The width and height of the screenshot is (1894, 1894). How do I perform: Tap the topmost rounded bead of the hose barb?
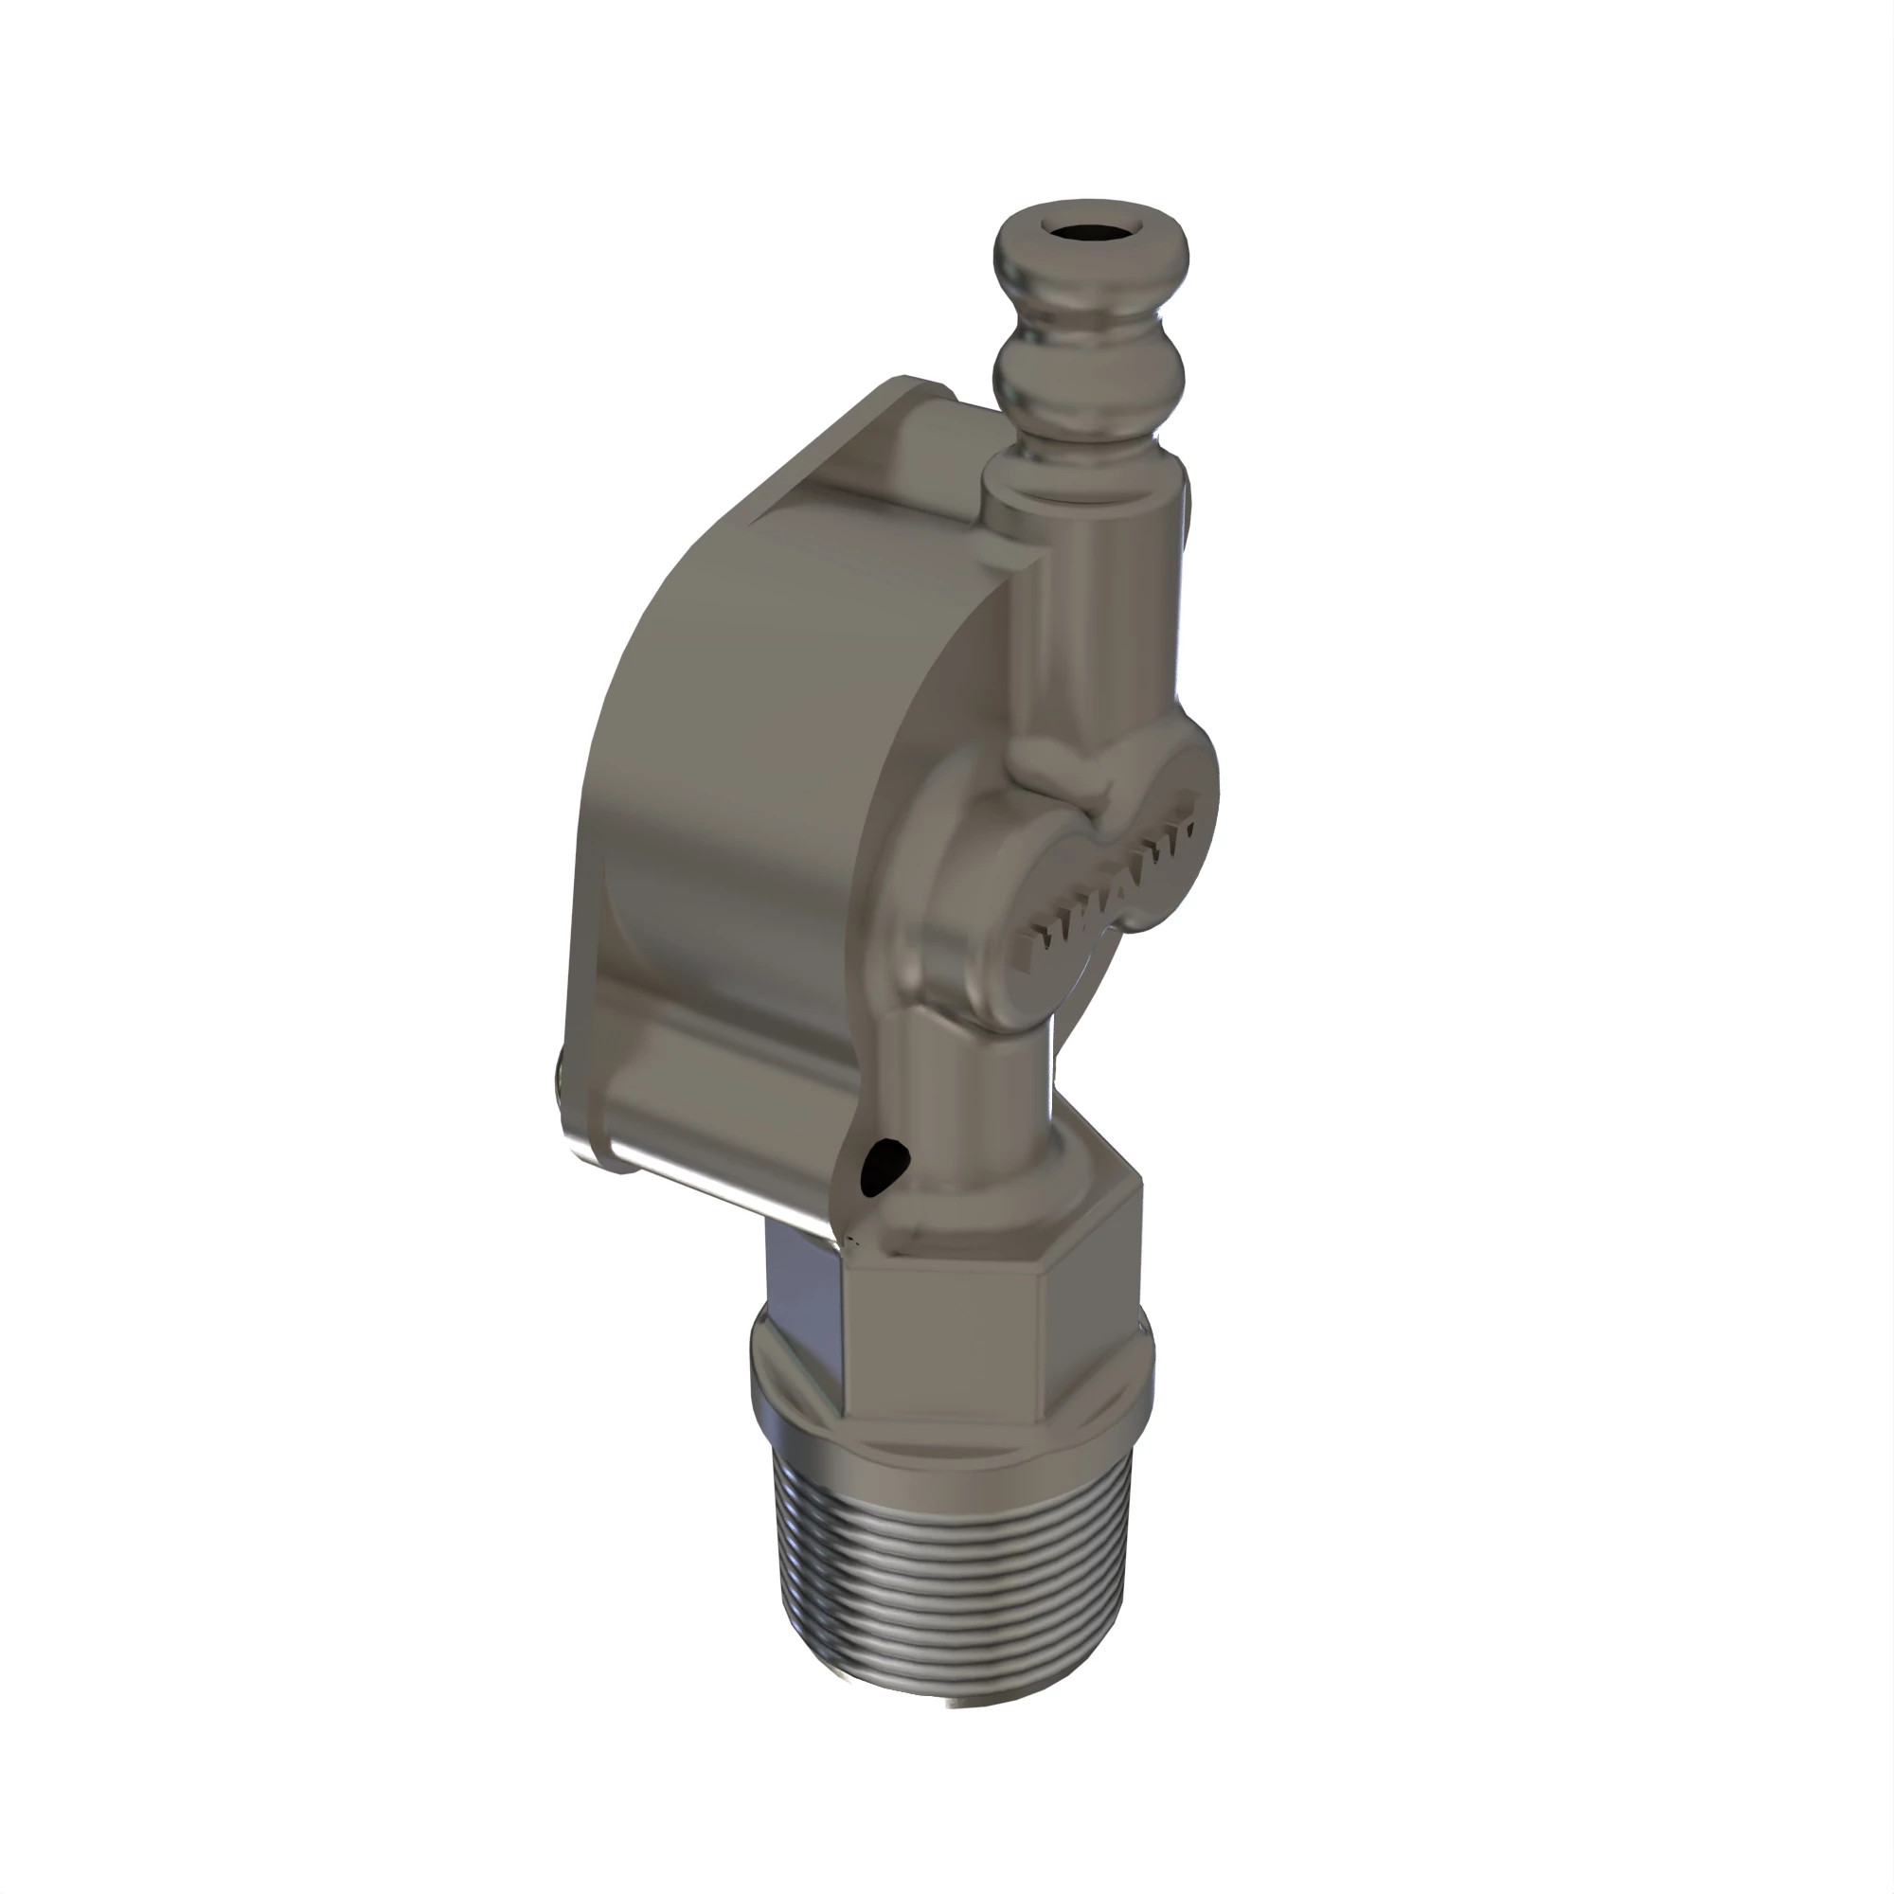1091,265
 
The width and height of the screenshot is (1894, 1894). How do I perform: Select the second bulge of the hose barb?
1089,378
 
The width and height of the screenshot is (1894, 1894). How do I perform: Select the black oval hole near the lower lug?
884,1167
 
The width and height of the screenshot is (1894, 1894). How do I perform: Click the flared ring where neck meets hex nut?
991,1191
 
